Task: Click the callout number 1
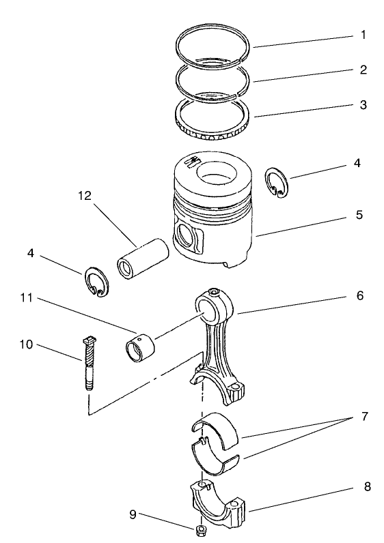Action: (x=364, y=34)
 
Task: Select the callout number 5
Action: (x=359, y=216)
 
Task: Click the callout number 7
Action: (x=364, y=415)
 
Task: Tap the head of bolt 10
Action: (x=87, y=339)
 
